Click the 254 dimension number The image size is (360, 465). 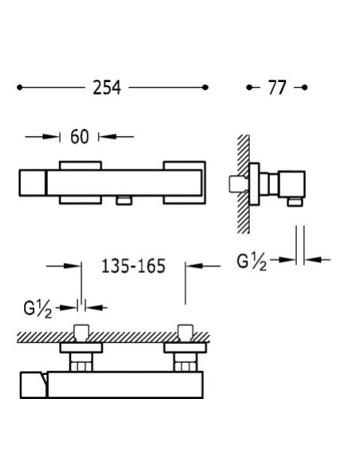[107, 88]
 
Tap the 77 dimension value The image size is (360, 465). [277, 88]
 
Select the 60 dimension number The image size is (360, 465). [80, 137]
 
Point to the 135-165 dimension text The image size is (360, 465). [134, 266]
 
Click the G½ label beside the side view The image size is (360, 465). [252, 263]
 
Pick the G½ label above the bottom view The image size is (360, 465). [37, 310]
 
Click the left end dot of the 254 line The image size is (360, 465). [20, 88]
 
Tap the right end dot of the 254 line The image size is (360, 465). [205, 88]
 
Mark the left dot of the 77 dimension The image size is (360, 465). [249, 88]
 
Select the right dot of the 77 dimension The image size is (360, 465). [304, 88]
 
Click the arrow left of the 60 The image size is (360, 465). [43, 137]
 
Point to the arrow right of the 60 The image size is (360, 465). [116, 137]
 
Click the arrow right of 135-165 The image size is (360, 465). [203, 266]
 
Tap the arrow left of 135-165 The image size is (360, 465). [64, 266]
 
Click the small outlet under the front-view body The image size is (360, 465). [124, 201]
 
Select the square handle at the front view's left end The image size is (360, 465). [33, 183]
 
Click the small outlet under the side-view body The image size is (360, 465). [294, 201]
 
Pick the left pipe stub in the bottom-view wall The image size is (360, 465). [81, 334]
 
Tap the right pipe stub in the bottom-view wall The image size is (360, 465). [185, 334]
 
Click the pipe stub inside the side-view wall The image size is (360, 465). [238, 184]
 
